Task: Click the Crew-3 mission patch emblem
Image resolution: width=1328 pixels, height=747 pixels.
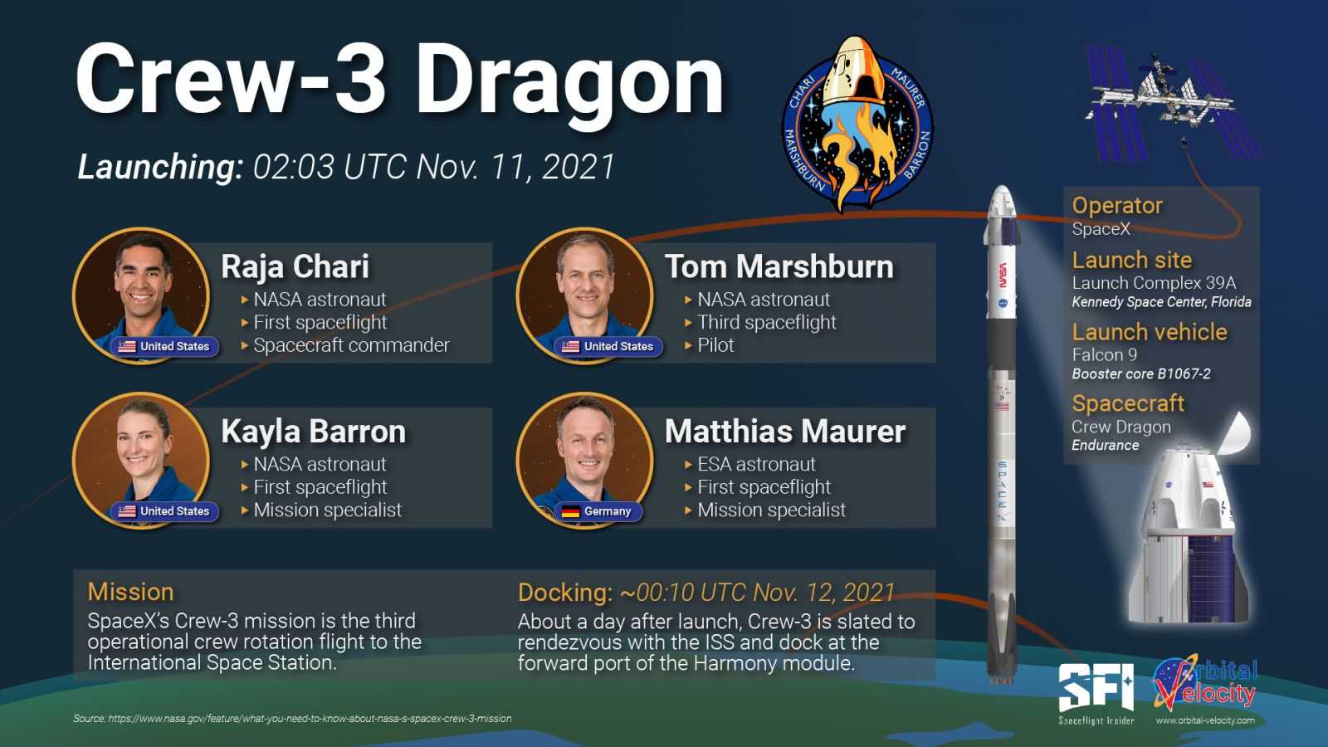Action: (x=857, y=124)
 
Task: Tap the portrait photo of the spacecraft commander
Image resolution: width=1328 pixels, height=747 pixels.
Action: (x=141, y=295)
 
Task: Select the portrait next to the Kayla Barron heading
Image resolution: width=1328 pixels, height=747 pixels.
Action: (x=141, y=460)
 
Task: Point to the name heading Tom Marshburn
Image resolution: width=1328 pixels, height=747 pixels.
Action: (x=779, y=266)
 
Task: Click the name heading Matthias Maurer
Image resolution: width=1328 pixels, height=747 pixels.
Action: (x=785, y=431)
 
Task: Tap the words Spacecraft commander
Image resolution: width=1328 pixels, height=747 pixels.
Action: (x=352, y=345)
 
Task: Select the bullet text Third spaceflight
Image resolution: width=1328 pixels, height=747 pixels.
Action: (x=767, y=322)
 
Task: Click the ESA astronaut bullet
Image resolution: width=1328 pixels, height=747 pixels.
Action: (x=756, y=464)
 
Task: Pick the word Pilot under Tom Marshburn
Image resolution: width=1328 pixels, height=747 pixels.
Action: (x=715, y=345)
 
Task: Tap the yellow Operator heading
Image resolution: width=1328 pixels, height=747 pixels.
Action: (x=1117, y=205)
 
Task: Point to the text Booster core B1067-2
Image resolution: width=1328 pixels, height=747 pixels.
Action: (x=1141, y=373)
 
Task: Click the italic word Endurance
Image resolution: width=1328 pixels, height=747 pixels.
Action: (x=1105, y=445)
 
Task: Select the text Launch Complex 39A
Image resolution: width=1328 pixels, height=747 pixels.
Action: (x=1154, y=283)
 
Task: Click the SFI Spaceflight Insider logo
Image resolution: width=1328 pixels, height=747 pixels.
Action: (x=1096, y=694)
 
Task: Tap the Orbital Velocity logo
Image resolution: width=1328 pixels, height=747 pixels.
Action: (x=1205, y=690)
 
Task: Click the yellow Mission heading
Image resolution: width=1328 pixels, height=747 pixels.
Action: (x=130, y=592)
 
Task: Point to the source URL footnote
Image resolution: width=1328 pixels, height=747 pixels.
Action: (x=292, y=719)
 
